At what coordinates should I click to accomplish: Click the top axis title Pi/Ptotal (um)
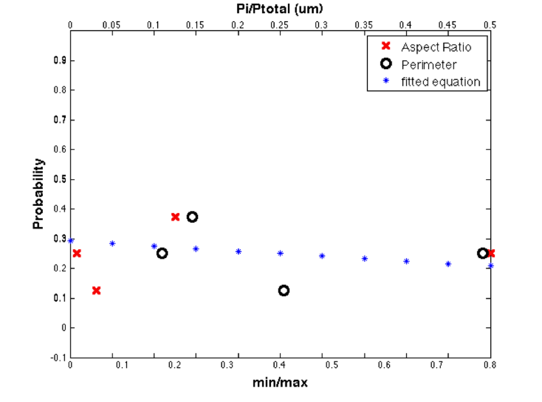279,8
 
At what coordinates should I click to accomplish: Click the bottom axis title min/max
279,382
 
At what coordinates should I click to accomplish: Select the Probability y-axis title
39,194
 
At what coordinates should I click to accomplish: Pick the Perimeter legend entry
429,65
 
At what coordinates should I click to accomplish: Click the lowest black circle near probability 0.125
284,290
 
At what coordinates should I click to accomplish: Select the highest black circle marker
193,217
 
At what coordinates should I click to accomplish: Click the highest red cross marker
175,217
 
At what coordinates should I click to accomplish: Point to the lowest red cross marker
96,290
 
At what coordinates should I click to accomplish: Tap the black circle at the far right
482,253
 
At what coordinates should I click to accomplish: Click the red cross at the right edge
491,253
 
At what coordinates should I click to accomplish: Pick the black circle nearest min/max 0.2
162,253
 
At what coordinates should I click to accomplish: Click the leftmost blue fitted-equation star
71,241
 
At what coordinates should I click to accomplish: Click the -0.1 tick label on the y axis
57,358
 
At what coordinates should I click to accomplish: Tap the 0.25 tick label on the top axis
279,25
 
